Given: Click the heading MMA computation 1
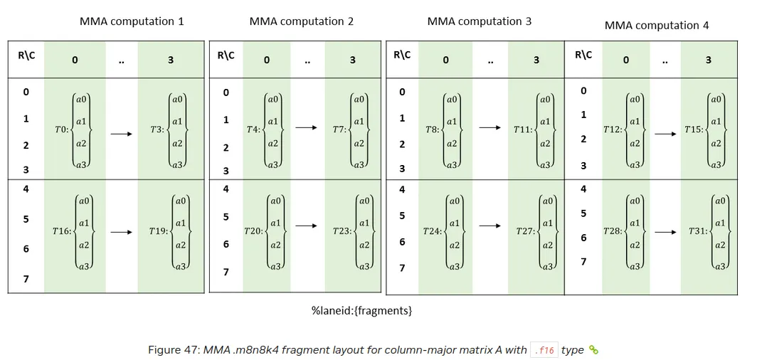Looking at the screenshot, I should [132, 21].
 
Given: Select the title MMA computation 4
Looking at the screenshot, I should [657, 26].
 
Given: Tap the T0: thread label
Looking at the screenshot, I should [62, 130].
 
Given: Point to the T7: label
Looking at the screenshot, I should [340, 129].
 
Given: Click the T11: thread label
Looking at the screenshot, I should [523, 129].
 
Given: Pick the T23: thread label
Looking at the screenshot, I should [342, 231].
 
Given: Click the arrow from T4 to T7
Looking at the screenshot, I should [306, 127].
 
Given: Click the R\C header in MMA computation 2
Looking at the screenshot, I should [226, 55].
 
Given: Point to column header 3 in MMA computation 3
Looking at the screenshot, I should [536, 60].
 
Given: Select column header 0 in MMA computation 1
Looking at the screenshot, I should [75, 60].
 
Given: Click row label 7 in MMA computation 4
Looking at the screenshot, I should [583, 262].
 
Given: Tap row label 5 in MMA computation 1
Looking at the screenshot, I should [26, 219].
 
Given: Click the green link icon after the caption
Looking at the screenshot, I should [593, 349].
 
